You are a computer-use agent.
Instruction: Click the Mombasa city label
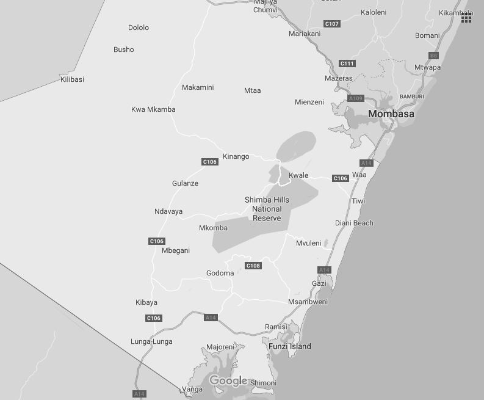pyautogui.click(x=391, y=114)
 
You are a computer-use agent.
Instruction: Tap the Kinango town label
pyautogui.click(x=236, y=156)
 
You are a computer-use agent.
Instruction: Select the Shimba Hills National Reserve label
pyautogui.click(x=267, y=209)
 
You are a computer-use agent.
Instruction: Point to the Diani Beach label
pyautogui.click(x=353, y=223)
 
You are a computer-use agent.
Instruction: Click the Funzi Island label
pyautogui.click(x=289, y=346)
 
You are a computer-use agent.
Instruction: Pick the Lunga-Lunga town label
pyautogui.click(x=151, y=341)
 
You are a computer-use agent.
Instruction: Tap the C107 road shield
pyautogui.click(x=331, y=24)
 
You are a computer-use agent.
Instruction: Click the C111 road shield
pyautogui.click(x=347, y=64)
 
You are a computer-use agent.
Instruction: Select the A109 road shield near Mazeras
pyautogui.click(x=355, y=98)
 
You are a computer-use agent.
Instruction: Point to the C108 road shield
pyautogui.click(x=253, y=266)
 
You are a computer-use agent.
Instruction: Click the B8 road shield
pyautogui.click(x=433, y=56)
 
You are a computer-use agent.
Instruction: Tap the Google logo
pyautogui.click(x=228, y=381)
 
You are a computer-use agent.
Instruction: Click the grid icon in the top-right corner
pyautogui.click(x=466, y=18)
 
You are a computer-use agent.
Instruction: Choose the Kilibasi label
pyautogui.click(x=72, y=79)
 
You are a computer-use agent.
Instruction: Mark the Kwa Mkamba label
pyautogui.click(x=153, y=109)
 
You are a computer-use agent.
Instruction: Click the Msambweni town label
pyautogui.click(x=308, y=302)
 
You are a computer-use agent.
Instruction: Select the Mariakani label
pyautogui.click(x=304, y=34)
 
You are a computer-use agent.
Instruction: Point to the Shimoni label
pyautogui.click(x=263, y=383)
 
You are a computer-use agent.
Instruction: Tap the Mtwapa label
pyautogui.click(x=427, y=67)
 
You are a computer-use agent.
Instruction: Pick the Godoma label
pyautogui.click(x=220, y=273)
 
